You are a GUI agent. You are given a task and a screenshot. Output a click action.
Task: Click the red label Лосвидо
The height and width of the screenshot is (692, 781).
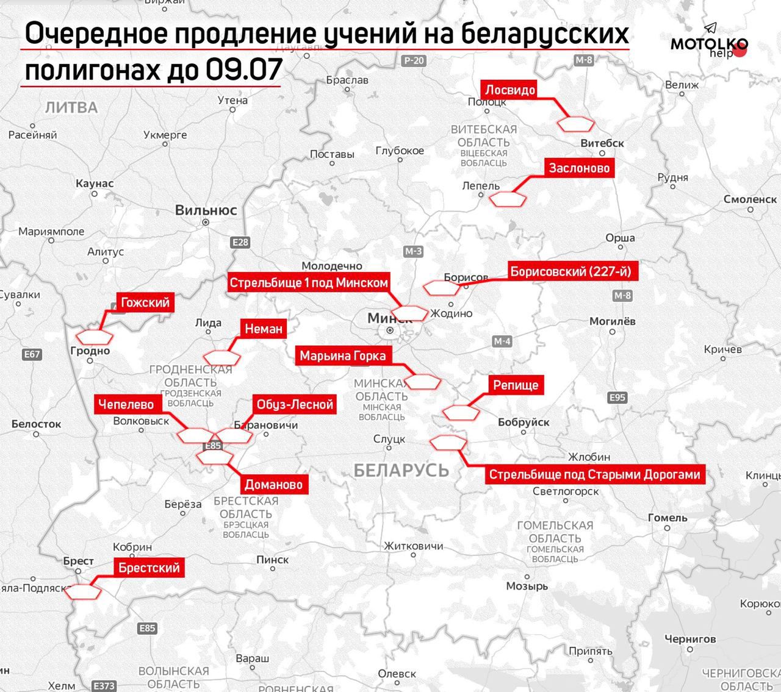point(510,90)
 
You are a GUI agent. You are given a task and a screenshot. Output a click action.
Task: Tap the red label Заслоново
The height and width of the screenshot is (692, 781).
point(578,168)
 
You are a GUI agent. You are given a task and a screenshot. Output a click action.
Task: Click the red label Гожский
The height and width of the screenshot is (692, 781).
point(145,302)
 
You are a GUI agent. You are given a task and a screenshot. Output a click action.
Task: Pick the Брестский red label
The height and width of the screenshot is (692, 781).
point(149,568)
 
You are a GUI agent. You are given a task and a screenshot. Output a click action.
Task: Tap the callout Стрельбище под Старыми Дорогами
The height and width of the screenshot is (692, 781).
point(594,474)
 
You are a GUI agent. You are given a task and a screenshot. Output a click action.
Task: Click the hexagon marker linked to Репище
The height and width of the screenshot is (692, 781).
point(461,413)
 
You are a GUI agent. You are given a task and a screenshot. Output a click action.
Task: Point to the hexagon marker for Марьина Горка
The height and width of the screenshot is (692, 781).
point(423,382)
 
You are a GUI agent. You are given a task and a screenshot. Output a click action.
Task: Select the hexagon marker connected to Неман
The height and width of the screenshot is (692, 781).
point(221,358)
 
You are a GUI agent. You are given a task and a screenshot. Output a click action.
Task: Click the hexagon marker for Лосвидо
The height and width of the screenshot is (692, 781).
point(576,124)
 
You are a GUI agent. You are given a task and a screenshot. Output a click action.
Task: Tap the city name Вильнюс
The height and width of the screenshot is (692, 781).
point(206,210)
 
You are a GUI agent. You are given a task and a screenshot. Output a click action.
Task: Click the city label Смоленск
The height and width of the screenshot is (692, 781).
point(750,199)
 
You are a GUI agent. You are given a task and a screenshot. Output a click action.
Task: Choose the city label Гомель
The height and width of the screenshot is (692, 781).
point(668,518)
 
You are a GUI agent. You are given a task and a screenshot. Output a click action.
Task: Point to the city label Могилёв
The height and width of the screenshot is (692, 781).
point(612,321)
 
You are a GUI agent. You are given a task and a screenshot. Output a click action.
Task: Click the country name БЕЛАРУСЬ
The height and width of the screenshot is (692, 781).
point(401,469)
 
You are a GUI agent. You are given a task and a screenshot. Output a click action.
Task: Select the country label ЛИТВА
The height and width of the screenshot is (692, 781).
point(71,108)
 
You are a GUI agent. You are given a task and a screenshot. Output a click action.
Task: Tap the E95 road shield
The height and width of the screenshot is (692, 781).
point(617,398)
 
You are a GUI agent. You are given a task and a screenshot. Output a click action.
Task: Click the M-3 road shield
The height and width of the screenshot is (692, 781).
point(413,251)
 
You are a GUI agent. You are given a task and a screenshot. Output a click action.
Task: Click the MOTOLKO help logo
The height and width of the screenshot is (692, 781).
point(709,44)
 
